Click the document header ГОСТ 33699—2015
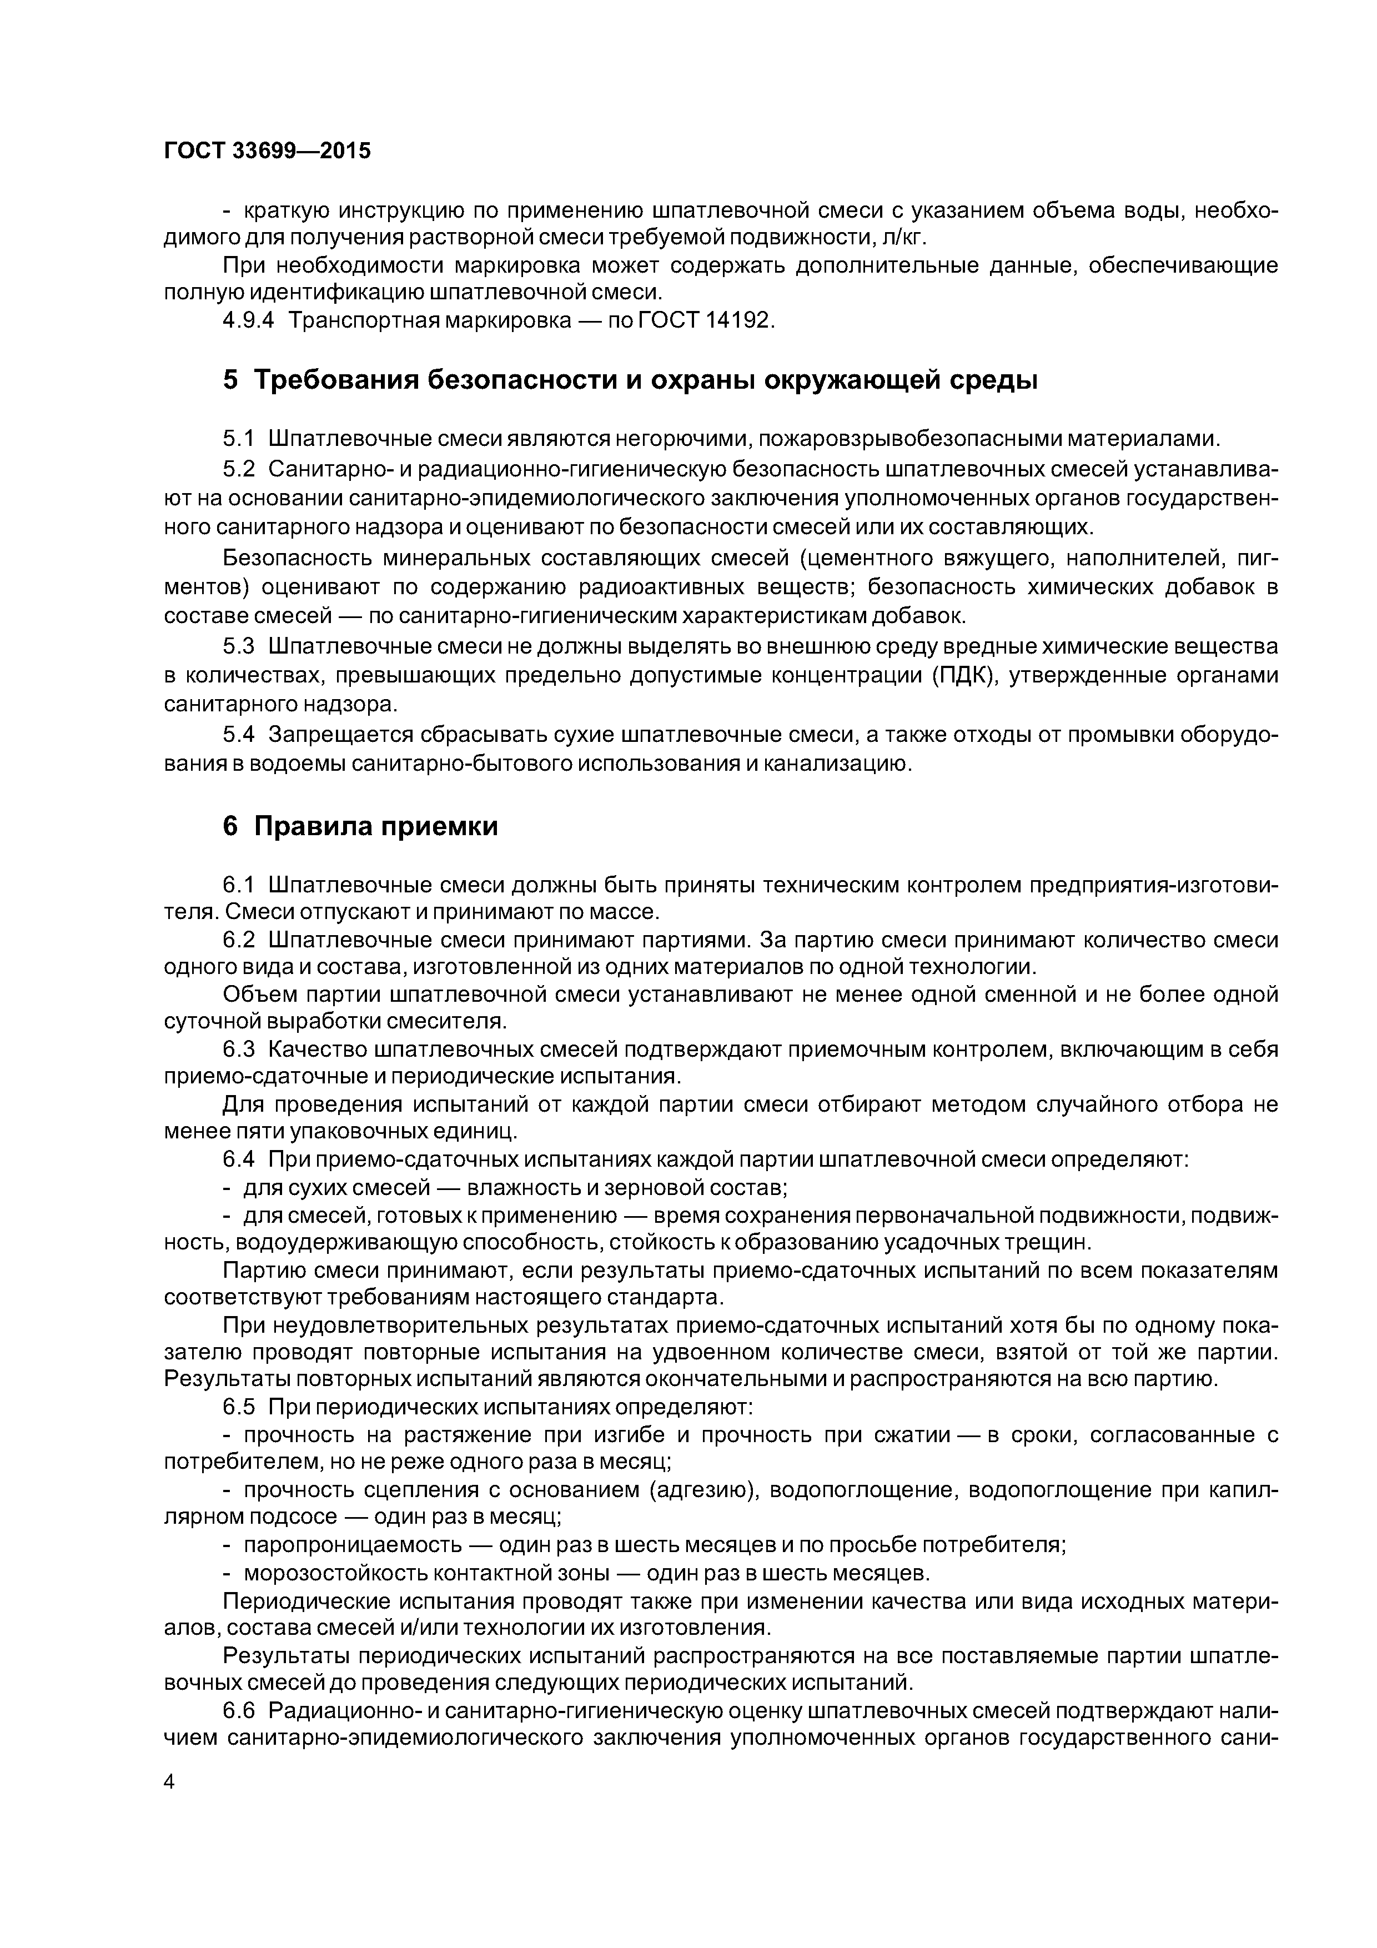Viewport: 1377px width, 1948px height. (x=267, y=151)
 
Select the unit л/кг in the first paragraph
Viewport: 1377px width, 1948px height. (x=899, y=237)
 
